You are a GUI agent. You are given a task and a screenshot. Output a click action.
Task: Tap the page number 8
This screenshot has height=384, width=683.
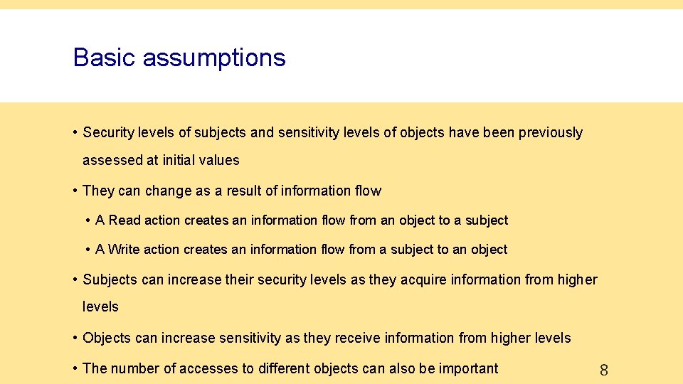pos(604,370)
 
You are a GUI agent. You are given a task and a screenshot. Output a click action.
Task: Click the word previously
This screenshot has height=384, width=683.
pos(550,133)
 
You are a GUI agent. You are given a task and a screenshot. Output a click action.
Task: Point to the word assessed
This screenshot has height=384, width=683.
pos(112,161)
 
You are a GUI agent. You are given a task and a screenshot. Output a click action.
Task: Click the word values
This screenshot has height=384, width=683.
pos(222,161)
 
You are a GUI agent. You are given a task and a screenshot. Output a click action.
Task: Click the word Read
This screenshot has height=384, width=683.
pos(125,220)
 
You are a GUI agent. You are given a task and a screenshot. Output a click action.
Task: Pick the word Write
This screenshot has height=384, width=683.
pos(125,250)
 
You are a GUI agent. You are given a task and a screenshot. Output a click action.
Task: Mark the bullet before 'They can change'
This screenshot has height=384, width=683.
pos(75,191)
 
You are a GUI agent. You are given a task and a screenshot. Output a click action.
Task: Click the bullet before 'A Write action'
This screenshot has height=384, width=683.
pos(88,250)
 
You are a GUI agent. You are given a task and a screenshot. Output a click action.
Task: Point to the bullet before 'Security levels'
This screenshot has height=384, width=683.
pos(75,132)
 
